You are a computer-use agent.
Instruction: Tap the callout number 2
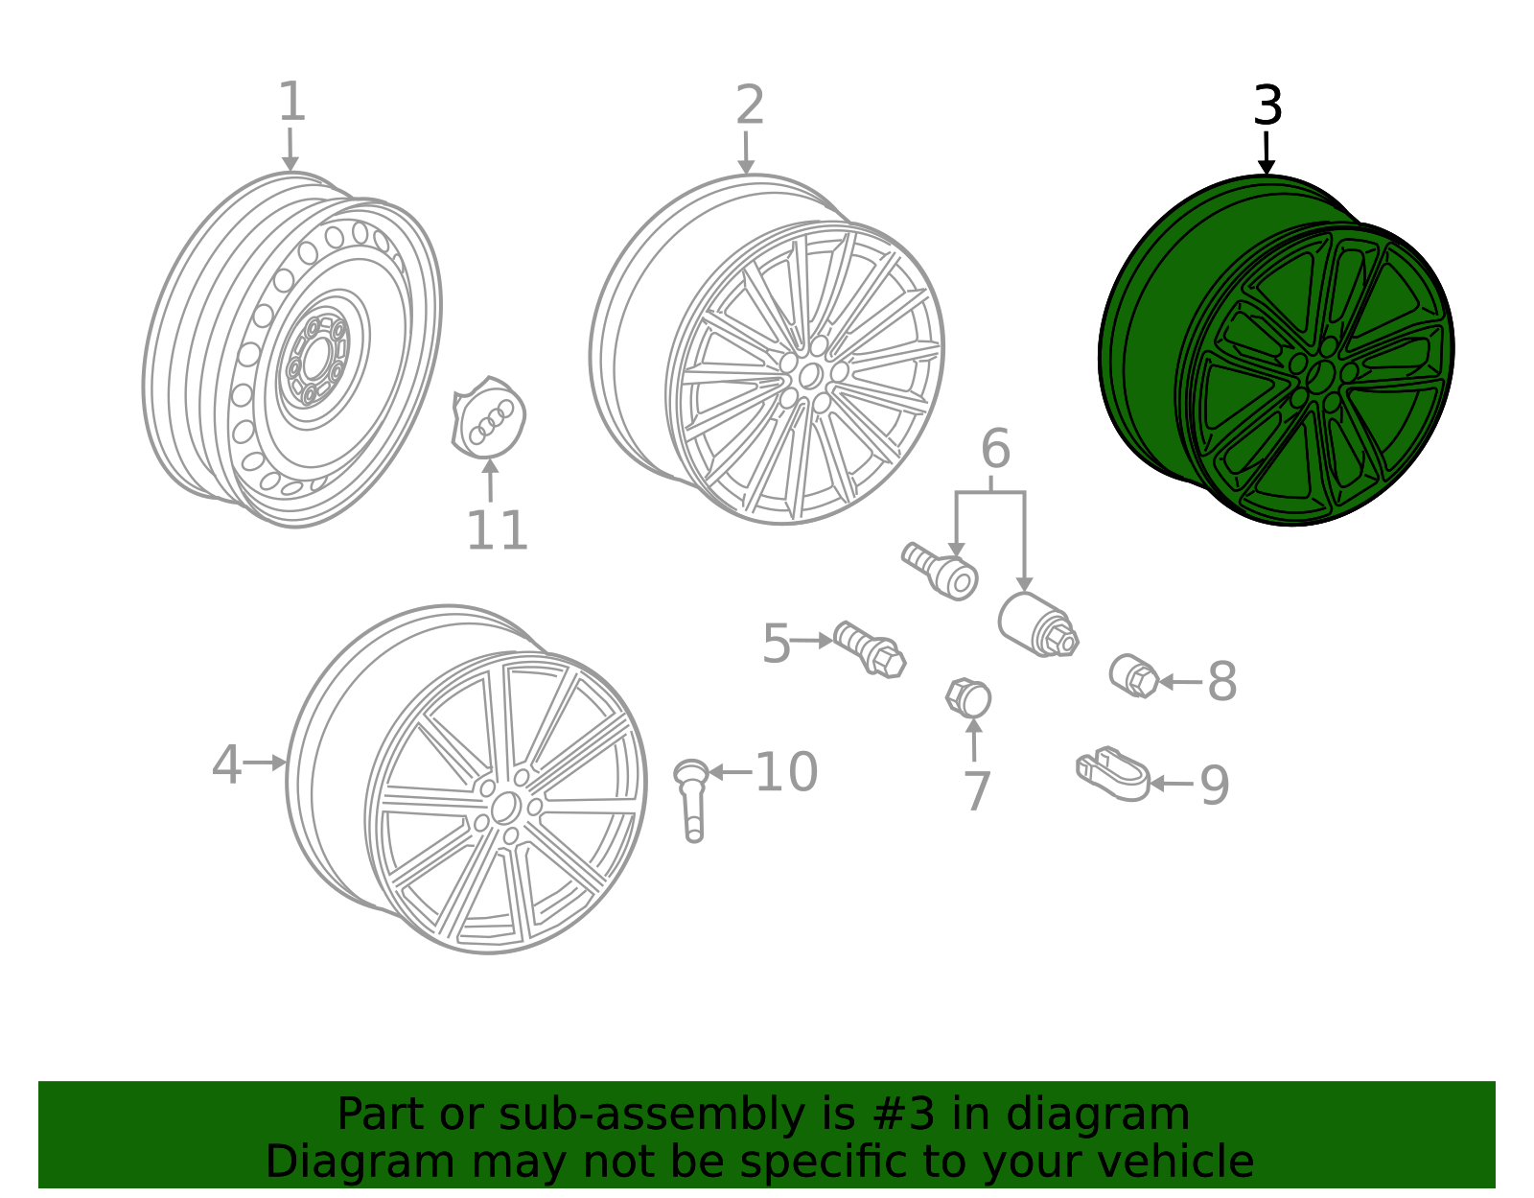pos(750,105)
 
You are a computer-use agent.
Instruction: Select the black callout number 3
pos(1267,106)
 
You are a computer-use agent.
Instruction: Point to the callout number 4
pos(226,764)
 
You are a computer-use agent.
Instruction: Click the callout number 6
pos(995,449)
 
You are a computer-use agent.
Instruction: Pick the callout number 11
pos(497,530)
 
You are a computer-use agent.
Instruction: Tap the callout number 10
pos(786,772)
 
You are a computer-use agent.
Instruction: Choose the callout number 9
pos(1214,786)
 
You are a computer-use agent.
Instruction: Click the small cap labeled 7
pos(968,698)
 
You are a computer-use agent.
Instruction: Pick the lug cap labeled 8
pos(1134,676)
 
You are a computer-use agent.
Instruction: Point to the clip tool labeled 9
pos(1112,773)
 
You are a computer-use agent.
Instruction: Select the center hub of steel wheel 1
pos(315,359)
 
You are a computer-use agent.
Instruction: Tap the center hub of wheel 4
pos(505,808)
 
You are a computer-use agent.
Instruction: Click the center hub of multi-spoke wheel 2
pos(810,375)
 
